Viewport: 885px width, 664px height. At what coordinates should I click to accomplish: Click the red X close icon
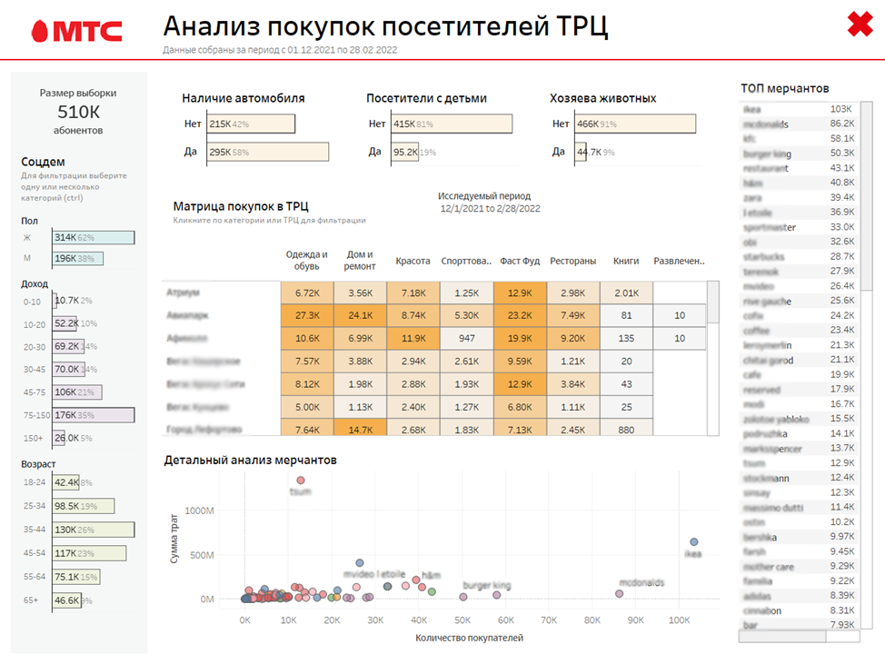click(860, 25)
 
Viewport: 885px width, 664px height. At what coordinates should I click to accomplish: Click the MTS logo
click(76, 31)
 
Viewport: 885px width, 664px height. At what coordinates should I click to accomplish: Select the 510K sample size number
click(77, 112)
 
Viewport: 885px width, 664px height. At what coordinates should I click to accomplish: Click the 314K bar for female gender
click(93, 237)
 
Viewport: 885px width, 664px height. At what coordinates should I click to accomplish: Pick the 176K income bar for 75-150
click(93, 415)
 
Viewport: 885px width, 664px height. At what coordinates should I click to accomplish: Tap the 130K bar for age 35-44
click(93, 530)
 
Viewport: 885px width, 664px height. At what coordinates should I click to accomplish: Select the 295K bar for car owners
click(267, 153)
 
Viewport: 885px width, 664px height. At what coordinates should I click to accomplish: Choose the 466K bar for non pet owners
click(635, 124)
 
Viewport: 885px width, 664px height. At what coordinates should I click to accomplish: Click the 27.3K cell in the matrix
click(307, 315)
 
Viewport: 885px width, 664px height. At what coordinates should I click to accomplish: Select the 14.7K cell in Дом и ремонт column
click(360, 430)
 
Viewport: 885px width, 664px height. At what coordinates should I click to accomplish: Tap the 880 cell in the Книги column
click(625, 430)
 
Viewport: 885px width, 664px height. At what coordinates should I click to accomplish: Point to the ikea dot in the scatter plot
click(693, 542)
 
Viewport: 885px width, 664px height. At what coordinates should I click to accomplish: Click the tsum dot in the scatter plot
click(301, 481)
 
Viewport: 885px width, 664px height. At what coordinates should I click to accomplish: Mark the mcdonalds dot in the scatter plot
click(620, 594)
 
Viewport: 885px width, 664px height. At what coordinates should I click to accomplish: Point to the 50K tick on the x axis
click(462, 619)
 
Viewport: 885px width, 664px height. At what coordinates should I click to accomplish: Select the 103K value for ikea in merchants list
click(840, 109)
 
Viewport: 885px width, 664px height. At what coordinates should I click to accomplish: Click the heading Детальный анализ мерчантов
click(251, 461)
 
